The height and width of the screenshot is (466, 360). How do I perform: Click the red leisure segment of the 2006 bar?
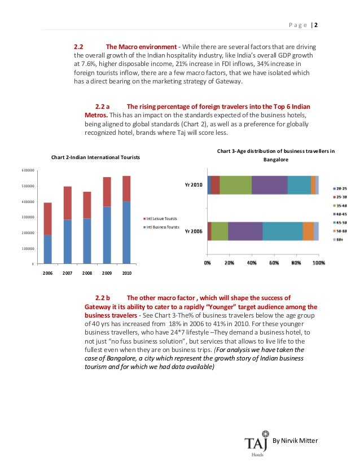pos(47,219)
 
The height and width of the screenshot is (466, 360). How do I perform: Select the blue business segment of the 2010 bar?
pos(126,232)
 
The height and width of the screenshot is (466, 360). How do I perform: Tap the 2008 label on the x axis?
pos(87,273)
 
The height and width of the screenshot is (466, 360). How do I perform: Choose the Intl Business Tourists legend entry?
pos(165,227)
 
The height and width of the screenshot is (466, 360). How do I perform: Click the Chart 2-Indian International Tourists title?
pos(95,157)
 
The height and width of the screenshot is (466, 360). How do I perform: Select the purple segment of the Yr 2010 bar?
pos(269,185)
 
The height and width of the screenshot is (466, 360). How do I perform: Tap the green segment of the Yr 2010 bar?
pos(235,185)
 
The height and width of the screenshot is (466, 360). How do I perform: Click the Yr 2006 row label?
pos(194,231)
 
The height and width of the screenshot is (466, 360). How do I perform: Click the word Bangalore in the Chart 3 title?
pos(276,160)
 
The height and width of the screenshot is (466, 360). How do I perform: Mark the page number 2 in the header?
pos(316,25)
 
